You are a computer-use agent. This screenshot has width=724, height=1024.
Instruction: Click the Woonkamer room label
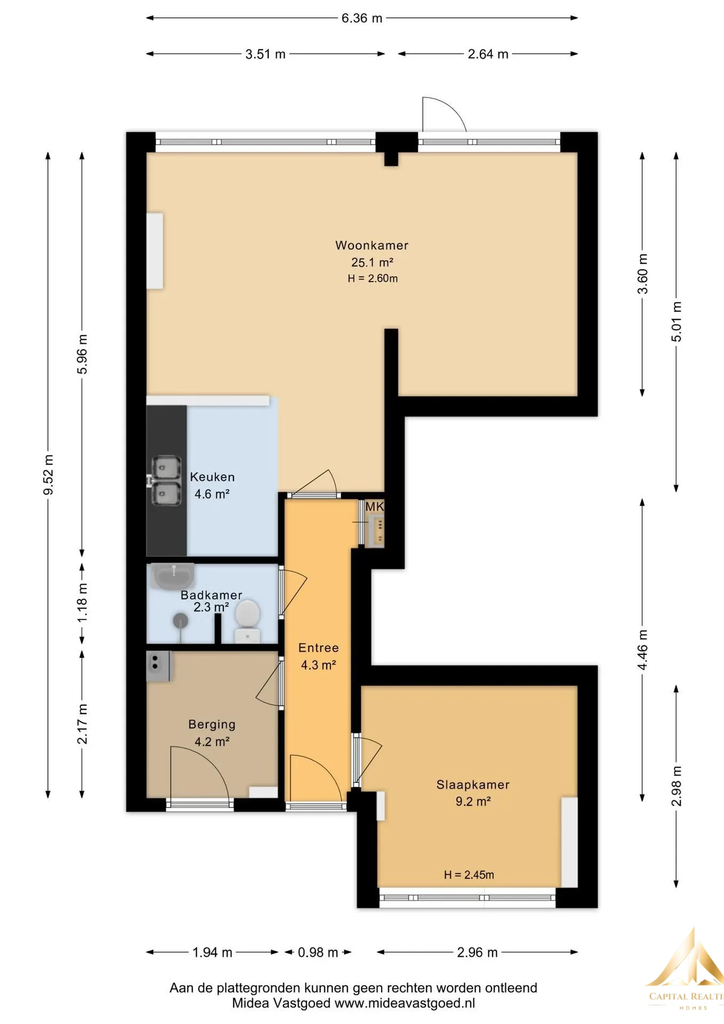[x=372, y=245]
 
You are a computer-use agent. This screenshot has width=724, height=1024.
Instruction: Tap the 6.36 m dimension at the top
[x=362, y=18]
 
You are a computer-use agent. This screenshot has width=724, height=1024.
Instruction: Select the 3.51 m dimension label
[x=266, y=54]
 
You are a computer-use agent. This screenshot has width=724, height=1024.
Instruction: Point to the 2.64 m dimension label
[x=488, y=54]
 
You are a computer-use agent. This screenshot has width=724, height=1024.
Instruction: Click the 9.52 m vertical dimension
[x=48, y=475]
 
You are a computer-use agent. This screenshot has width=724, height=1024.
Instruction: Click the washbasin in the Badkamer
[x=173, y=576]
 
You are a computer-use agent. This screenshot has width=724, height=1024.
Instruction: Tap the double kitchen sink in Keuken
[x=166, y=481]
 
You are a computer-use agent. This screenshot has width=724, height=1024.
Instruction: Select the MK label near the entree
[x=374, y=507]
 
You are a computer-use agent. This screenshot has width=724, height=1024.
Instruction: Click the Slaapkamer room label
[x=473, y=785]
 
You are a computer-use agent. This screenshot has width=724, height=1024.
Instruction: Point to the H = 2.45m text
[x=469, y=875]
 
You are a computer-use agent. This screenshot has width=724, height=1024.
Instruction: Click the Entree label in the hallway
[x=318, y=647]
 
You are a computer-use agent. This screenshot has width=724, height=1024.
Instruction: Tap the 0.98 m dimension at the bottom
[x=318, y=953]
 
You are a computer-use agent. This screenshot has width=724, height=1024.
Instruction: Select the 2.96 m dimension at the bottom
[x=477, y=953]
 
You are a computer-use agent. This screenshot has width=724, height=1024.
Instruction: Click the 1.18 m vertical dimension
[x=82, y=603]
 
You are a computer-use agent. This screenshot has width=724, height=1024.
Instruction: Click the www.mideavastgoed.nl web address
[x=405, y=1003]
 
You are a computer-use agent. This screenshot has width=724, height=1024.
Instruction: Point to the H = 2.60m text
[x=373, y=278]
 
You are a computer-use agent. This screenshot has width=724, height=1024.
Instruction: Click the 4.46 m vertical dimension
[x=642, y=650]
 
